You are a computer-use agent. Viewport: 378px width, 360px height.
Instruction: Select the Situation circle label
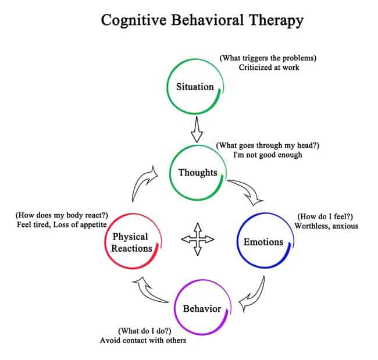(x=195, y=87)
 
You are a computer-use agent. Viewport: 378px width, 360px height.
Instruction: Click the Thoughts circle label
(x=197, y=172)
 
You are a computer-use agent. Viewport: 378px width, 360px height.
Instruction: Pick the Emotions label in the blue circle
(x=263, y=241)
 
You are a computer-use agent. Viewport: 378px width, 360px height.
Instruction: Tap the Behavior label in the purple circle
(x=202, y=308)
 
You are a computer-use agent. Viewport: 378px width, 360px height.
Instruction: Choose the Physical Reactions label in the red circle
(x=130, y=242)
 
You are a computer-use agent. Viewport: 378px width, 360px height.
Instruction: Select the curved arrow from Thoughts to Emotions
(x=245, y=192)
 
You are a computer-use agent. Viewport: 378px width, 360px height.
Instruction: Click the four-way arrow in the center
(x=197, y=239)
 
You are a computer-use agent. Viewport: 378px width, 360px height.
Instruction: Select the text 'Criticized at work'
(x=269, y=67)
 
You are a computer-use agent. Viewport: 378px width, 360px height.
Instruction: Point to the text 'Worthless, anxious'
(x=326, y=226)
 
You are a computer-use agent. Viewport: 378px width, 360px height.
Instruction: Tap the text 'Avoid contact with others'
(x=144, y=340)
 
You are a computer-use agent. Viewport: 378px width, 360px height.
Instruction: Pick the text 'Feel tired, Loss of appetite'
(x=65, y=224)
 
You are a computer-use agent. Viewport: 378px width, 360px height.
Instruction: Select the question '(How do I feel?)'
(x=326, y=216)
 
